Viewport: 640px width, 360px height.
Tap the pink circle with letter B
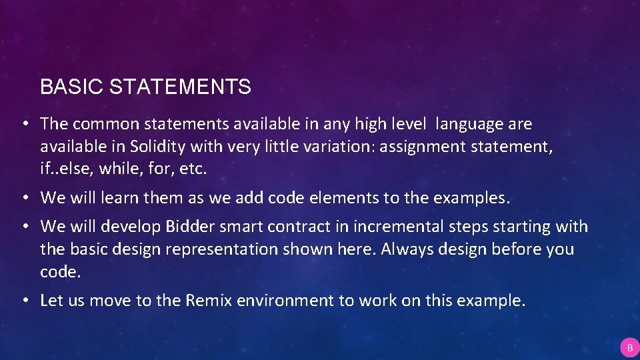tap(629, 347)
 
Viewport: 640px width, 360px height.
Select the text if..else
tap(67, 169)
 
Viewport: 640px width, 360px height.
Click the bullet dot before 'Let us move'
tap(23, 301)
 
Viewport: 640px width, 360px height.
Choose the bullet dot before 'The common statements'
tap(23, 124)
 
